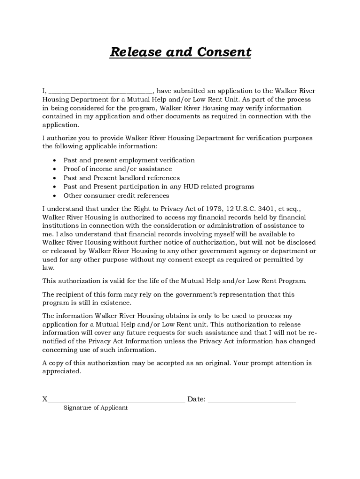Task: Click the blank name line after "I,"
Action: coord(101,92)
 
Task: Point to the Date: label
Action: coord(196,399)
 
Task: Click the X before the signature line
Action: coord(45,399)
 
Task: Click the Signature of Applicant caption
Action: coord(95,408)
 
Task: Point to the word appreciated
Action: coord(61,371)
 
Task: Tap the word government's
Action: coord(183,294)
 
